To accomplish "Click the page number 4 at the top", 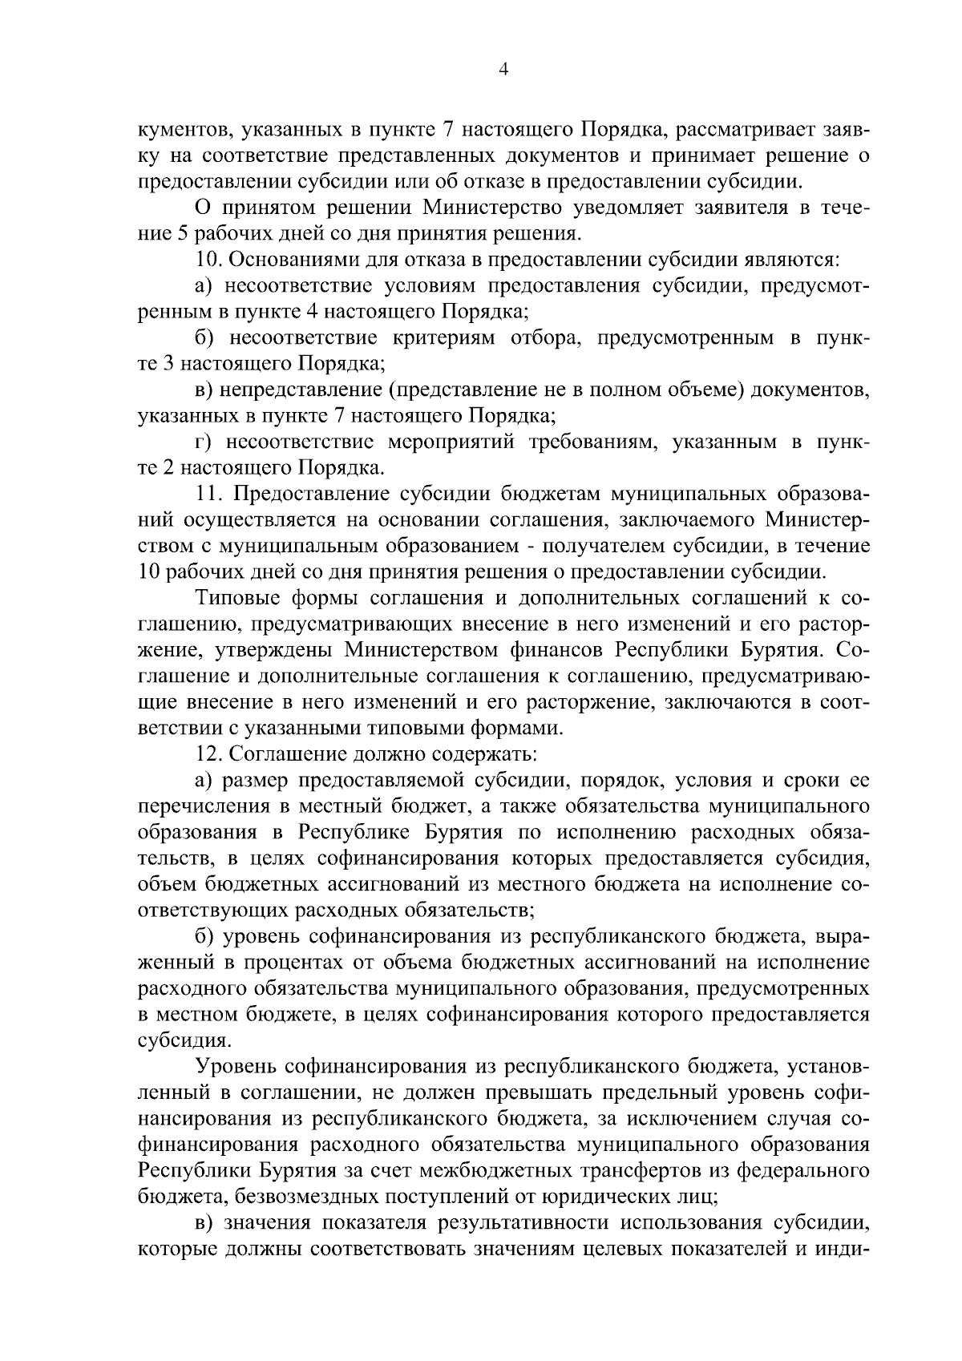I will (503, 70).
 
